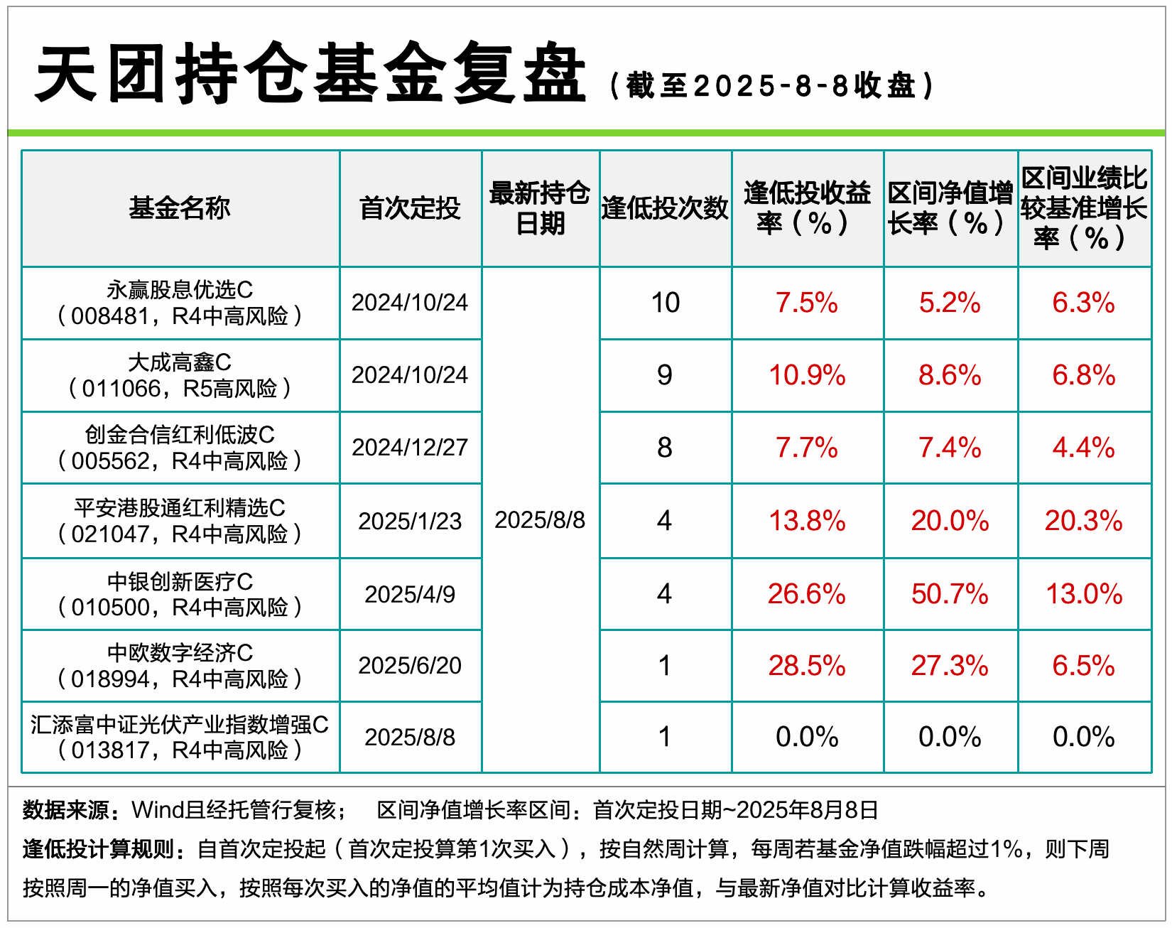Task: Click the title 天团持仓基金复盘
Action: click(x=310, y=72)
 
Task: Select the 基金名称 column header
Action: click(x=180, y=208)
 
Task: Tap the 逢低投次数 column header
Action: click(x=665, y=208)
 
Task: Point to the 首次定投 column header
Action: click(x=410, y=208)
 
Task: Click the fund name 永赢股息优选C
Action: click(x=180, y=290)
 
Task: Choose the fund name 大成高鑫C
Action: click(x=180, y=362)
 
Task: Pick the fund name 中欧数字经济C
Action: click(x=180, y=653)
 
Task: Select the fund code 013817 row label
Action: click(x=180, y=750)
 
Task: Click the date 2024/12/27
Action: click(x=410, y=448)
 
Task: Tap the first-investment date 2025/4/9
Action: click(x=410, y=594)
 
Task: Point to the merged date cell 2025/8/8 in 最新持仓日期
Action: click(x=540, y=520)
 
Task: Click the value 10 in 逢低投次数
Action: click(x=666, y=303)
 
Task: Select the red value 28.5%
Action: click(x=807, y=666)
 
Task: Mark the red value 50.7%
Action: click(x=950, y=594)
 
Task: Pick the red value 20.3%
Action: click(x=1083, y=521)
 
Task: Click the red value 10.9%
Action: click(x=807, y=375)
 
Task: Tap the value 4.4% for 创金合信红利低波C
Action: click(x=1083, y=448)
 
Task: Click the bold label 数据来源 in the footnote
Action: click(x=66, y=809)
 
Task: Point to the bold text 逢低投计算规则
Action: click(x=98, y=848)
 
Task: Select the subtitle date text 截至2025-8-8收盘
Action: click(x=771, y=86)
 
